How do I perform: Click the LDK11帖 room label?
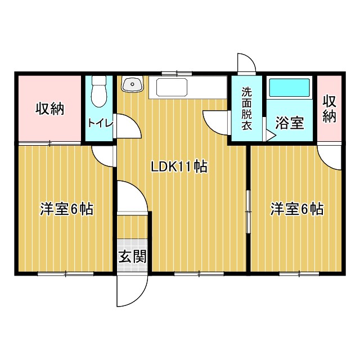(179, 166)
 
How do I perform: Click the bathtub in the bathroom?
(290, 88)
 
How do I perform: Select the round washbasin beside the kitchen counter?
(132, 85)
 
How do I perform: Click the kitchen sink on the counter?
(172, 88)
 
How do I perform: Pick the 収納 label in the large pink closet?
(49, 108)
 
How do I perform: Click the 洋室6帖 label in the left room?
(66, 209)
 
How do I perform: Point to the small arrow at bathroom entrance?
(271, 136)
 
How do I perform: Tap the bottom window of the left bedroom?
(65, 274)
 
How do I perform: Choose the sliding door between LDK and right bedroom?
(247, 211)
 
